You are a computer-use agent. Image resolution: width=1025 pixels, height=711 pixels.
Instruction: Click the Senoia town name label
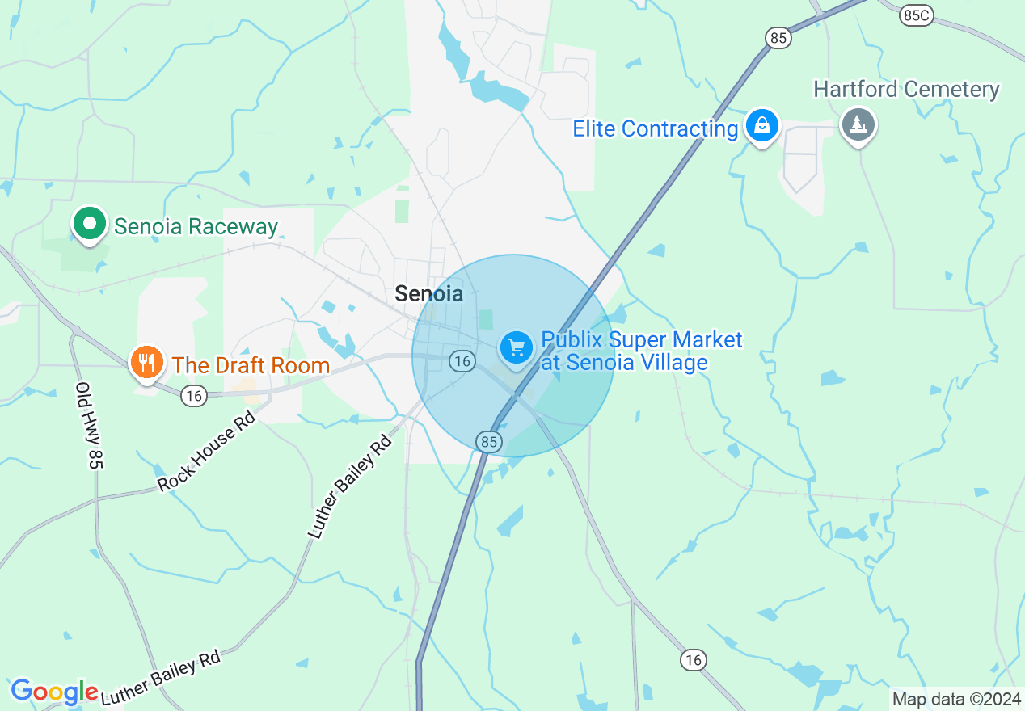click(x=428, y=294)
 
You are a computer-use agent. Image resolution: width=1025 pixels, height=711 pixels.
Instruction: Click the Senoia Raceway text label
click(x=196, y=226)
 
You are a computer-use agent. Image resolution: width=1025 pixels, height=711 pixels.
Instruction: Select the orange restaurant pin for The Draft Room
click(x=146, y=362)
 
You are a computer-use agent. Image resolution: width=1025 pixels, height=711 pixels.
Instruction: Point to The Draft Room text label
click(x=251, y=365)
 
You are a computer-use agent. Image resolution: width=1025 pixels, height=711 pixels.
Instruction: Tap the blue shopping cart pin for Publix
click(x=516, y=348)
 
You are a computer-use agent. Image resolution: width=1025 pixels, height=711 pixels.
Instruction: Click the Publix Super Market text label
click(x=642, y=351)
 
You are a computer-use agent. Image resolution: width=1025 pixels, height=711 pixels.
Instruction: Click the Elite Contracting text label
click(x=655, y=128)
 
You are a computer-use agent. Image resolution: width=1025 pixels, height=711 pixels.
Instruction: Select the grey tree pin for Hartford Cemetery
click(x=858, y=125)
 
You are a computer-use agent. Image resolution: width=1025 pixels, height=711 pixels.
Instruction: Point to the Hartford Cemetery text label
click(x=906, y=89)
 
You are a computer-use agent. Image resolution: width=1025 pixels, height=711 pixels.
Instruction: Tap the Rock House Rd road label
click(x=206, y=451)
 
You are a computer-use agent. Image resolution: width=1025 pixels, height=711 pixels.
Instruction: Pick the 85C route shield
click(x=916, y=15)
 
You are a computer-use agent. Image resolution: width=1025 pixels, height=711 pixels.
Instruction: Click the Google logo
click(x=54, y=692)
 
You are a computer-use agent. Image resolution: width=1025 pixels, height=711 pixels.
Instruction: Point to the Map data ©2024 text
click(x=953, y=699)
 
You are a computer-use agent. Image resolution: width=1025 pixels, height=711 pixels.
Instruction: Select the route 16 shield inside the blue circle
click(x=462, y=360)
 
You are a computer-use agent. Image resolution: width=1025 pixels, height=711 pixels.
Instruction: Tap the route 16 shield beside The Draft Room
click(x=193, y=395)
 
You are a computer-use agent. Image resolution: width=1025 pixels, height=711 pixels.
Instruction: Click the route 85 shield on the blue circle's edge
click(x=490, y=441)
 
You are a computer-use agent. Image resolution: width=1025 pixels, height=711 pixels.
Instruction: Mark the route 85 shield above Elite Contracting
click(x=778, y=37)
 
